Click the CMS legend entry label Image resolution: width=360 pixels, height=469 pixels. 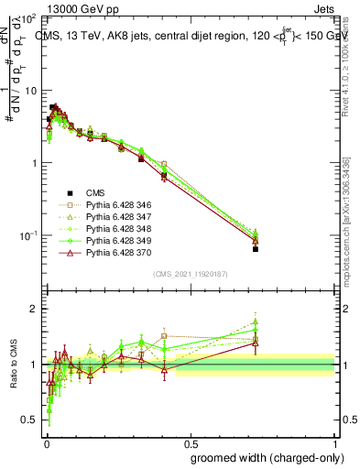point(94,192)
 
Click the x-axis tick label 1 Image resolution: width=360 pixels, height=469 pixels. point(336,443)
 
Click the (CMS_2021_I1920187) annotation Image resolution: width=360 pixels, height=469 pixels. point(191,275)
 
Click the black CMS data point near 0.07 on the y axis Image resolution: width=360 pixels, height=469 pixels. point(256,249)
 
